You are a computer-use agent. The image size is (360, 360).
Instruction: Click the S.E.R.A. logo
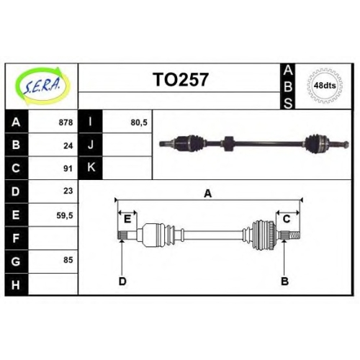pos(42,86)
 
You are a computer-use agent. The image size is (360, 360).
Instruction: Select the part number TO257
pos(181,80)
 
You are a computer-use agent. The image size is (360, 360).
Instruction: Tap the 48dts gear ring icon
pos(325,86)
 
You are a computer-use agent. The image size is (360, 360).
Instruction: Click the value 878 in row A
pos(66,122)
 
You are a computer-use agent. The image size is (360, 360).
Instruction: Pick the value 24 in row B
pos(68,145)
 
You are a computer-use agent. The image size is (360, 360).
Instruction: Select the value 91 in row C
pos(68,168)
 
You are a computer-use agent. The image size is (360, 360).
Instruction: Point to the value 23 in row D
pos(68,191)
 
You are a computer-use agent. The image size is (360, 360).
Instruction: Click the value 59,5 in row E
pos(65,216)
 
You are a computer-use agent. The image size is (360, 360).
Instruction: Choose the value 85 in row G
pos(68,260)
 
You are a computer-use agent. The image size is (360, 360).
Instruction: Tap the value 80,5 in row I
pos(139,122)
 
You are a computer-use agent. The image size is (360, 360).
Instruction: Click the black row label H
pos(17,284)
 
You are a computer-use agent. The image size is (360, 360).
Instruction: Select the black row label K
pos(91,168)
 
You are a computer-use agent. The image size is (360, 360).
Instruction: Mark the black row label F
pos(17,238)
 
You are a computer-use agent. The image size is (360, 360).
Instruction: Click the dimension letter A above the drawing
pos(208,194)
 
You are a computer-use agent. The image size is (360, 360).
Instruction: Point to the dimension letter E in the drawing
pos(127,219)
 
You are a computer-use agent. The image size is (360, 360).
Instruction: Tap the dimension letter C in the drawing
pos(287,219)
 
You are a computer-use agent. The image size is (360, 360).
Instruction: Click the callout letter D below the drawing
pos(122,282)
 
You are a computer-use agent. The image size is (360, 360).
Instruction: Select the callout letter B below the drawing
pos(284,282)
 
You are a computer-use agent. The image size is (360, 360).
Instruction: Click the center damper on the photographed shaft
pos(229,143)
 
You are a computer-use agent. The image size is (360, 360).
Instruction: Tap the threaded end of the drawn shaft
pos(294,235)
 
